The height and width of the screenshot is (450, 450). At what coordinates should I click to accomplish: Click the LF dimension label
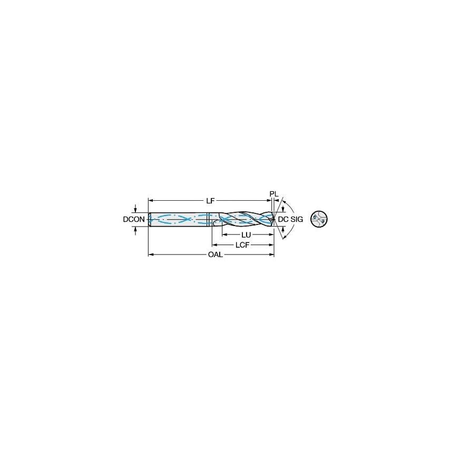tap(210, 201)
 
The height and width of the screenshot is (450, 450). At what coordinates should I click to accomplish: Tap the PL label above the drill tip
tap(273, 194)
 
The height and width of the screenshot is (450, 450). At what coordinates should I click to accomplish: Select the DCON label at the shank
tap(134, 219)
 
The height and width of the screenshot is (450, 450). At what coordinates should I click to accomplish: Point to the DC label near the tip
tap(283, 219)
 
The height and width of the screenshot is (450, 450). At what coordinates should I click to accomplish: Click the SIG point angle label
tap(297, 219)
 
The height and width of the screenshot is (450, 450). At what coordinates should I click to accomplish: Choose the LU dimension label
tap(246, 235)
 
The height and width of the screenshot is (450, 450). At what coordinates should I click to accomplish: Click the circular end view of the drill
tap(319, 219)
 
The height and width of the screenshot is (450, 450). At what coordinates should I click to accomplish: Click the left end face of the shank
tap(150, 219)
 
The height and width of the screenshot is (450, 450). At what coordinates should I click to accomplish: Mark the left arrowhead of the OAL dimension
tap(151, 255)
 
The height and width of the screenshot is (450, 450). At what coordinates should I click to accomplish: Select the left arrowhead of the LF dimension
tap(151, 201)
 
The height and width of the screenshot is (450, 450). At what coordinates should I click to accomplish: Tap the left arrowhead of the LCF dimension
tap(214, 245)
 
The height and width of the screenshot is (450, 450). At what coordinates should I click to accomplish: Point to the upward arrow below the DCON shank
tap(137, 228)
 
